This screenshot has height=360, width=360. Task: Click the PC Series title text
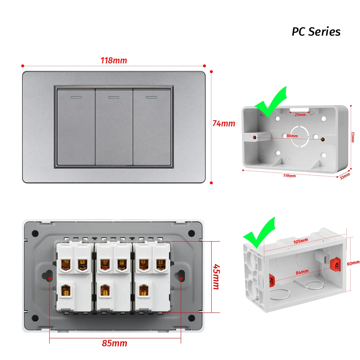point(316,32)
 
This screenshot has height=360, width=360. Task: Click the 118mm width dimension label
point(113,60)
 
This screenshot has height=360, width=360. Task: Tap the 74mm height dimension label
point(224,123)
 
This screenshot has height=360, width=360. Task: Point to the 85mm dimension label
point(114,343)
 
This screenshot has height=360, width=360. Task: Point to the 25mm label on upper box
point(300,115)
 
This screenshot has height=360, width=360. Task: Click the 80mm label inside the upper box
point(292,136)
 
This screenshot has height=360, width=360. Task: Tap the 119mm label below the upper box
point(289,176)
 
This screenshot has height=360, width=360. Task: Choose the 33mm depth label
point(345,176)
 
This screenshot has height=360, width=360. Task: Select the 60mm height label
point(353,263)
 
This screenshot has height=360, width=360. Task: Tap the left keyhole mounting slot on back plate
point(46,276)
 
